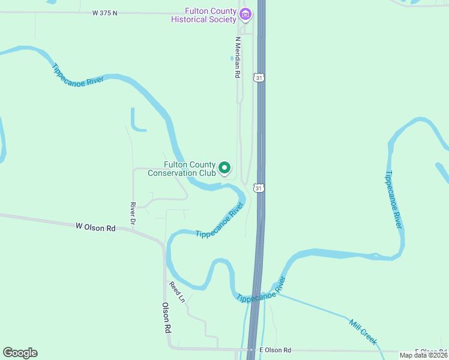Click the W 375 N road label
(106, 13)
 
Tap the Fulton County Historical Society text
(203, 15)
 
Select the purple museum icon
(245, 14)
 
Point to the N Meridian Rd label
(238, 57)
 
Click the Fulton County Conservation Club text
(190, 169)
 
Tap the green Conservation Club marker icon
(224, 168)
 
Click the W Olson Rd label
(95, 227)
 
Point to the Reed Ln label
(176, 292)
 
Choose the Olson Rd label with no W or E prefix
(167, 317)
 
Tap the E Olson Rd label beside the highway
(275, 350)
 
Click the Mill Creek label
(363, 331)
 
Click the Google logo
(20, 353)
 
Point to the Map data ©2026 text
(424, 355)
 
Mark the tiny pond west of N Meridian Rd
(232, 58)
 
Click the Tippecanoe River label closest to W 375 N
(79, 76)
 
